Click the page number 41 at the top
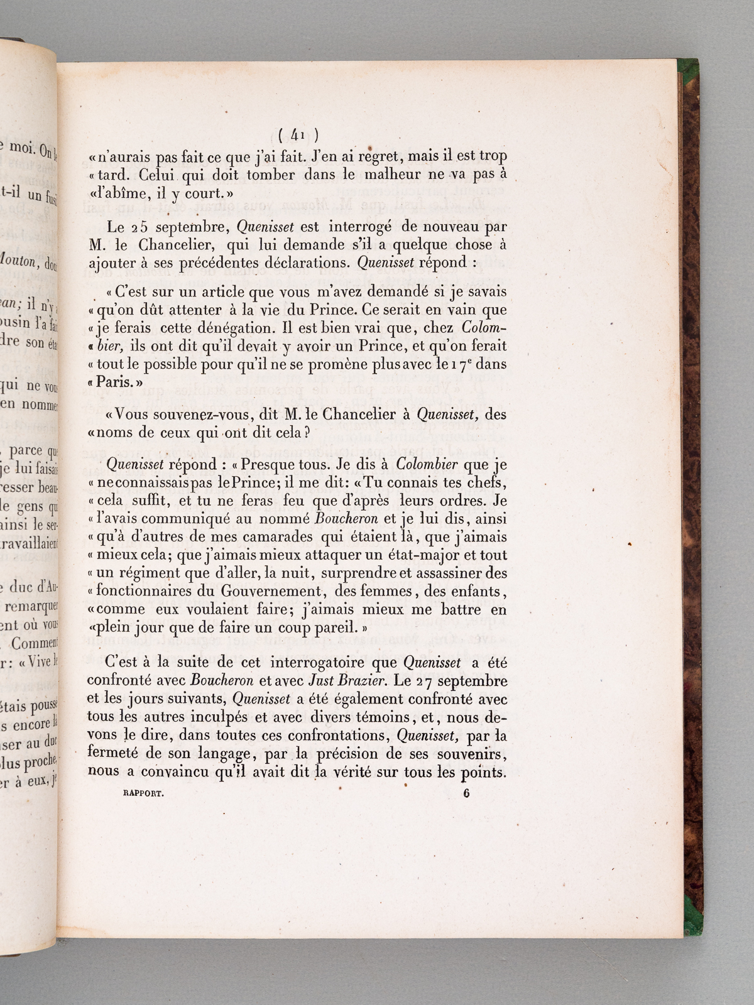(298, 133)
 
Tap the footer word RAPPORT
(142, 793)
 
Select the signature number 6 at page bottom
(466, 792)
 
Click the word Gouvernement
(271, 591)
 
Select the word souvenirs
(467, 753)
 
